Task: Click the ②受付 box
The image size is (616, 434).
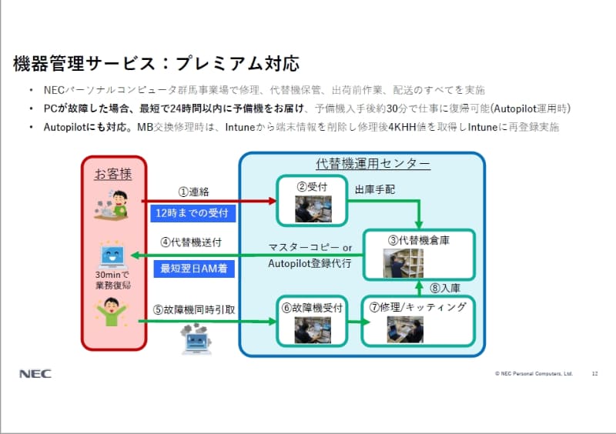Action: [x=313, y=199]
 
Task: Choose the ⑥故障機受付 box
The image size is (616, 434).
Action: [x=313, y=321]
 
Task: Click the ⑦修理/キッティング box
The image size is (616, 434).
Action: [x=420, y=321]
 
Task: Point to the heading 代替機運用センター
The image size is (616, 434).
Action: [x=362, y=163]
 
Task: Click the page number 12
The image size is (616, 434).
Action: [x=594, y=374]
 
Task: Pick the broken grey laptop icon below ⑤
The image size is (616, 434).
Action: [x=196, y=339]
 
